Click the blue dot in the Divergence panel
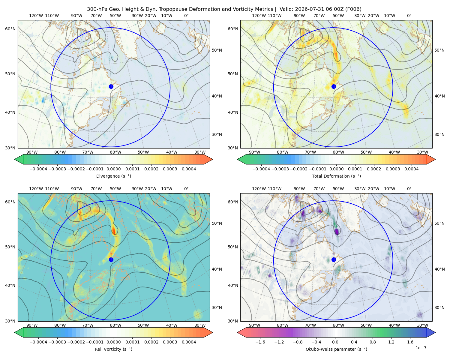tap(111, 86)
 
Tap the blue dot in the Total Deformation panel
tap(334, 86)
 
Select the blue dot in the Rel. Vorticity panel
tap(111, 259)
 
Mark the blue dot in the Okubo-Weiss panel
tap(334, 259)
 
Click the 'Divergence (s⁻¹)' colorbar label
tap(113, 176)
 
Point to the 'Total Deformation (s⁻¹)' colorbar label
tap(336, 176)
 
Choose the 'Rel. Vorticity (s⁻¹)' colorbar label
tap(113, 349)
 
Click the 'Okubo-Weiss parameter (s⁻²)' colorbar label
tap(336, 349)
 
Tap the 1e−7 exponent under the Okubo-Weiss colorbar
tap(421, 348)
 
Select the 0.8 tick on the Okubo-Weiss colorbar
tap(373, 342)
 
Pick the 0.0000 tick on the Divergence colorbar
tap(113, 169)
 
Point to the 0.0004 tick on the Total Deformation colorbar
tap(411, 169)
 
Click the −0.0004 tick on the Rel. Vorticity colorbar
tap(38, 342)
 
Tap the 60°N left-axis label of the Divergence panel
tap(10, 29)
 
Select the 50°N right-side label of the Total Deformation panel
tap(439, 50)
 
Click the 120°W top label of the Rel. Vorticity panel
tap(36, 188)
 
